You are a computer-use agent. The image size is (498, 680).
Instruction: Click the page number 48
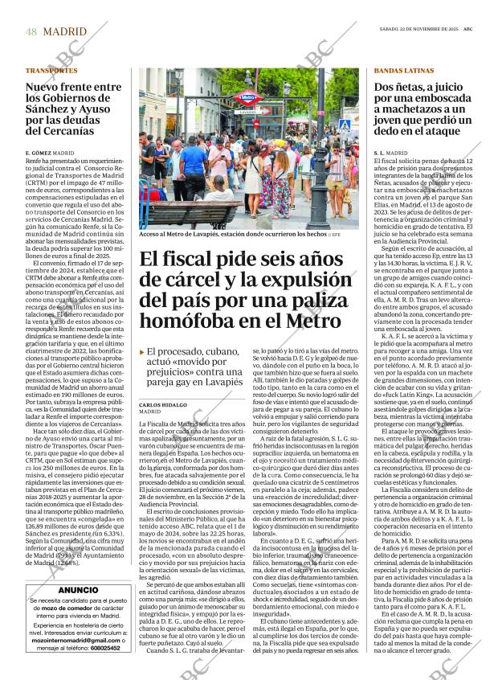[x=31, y=31]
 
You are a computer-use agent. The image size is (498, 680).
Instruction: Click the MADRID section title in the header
[x=64, y=31]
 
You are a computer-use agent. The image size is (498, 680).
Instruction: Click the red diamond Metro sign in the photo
[x=247, y=98]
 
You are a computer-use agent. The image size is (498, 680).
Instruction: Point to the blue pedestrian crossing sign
[x=344, y=125]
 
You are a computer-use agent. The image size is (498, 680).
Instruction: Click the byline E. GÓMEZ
[x=39, y=152]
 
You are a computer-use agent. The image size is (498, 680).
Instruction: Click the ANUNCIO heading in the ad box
[x=79, y=590]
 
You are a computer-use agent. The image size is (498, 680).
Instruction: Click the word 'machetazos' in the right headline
[x=414, y=109]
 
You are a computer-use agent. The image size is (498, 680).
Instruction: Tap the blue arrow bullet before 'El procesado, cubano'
[x=143, y=352]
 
